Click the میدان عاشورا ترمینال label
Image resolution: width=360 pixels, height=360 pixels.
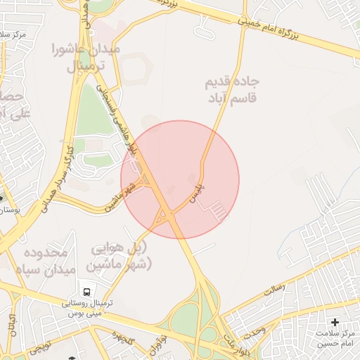point(86,58)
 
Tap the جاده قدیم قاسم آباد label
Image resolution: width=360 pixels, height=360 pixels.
point(230,90)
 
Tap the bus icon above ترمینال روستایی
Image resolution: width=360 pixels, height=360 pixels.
point(86,290)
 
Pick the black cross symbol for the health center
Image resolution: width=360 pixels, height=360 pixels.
point(335,321)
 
